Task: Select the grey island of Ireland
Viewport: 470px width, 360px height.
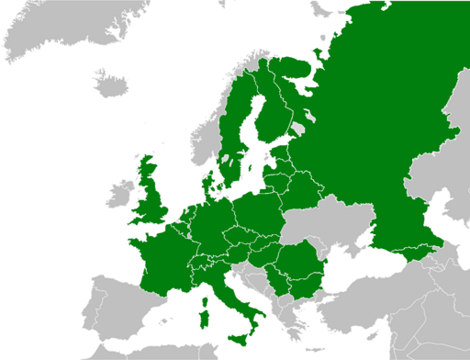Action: point(119,194)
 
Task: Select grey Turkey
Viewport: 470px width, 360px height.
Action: point(367,312)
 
